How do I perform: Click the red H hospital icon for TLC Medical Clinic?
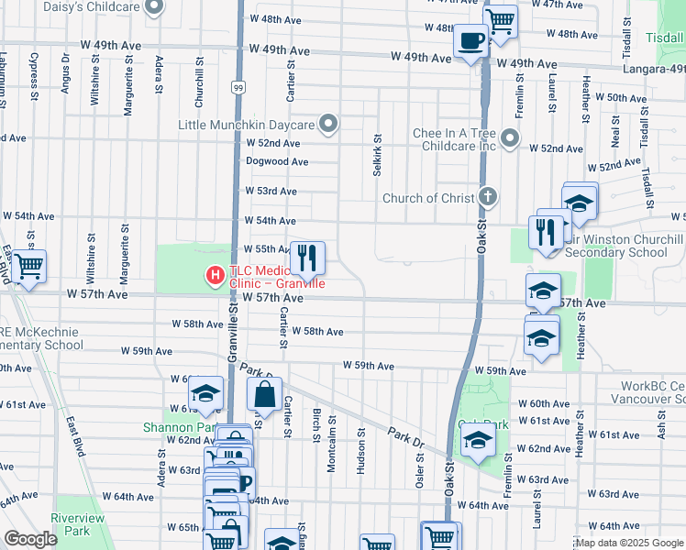coord(215,274)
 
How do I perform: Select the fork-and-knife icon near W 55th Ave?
coord(307,258)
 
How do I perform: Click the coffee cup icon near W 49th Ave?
coord(471,41)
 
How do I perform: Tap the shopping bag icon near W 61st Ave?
coord(265,396)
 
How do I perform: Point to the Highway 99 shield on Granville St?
coord(238,87)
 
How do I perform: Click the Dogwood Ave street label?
coord(277,161)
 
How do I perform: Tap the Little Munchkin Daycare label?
coord(247,125)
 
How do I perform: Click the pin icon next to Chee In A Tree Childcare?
coord(511,140)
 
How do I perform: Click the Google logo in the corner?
coord(30,540)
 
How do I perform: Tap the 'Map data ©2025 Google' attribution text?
coord(629,543)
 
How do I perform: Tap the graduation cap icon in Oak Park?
coord(477,443)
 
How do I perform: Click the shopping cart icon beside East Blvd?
coord(29,266)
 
